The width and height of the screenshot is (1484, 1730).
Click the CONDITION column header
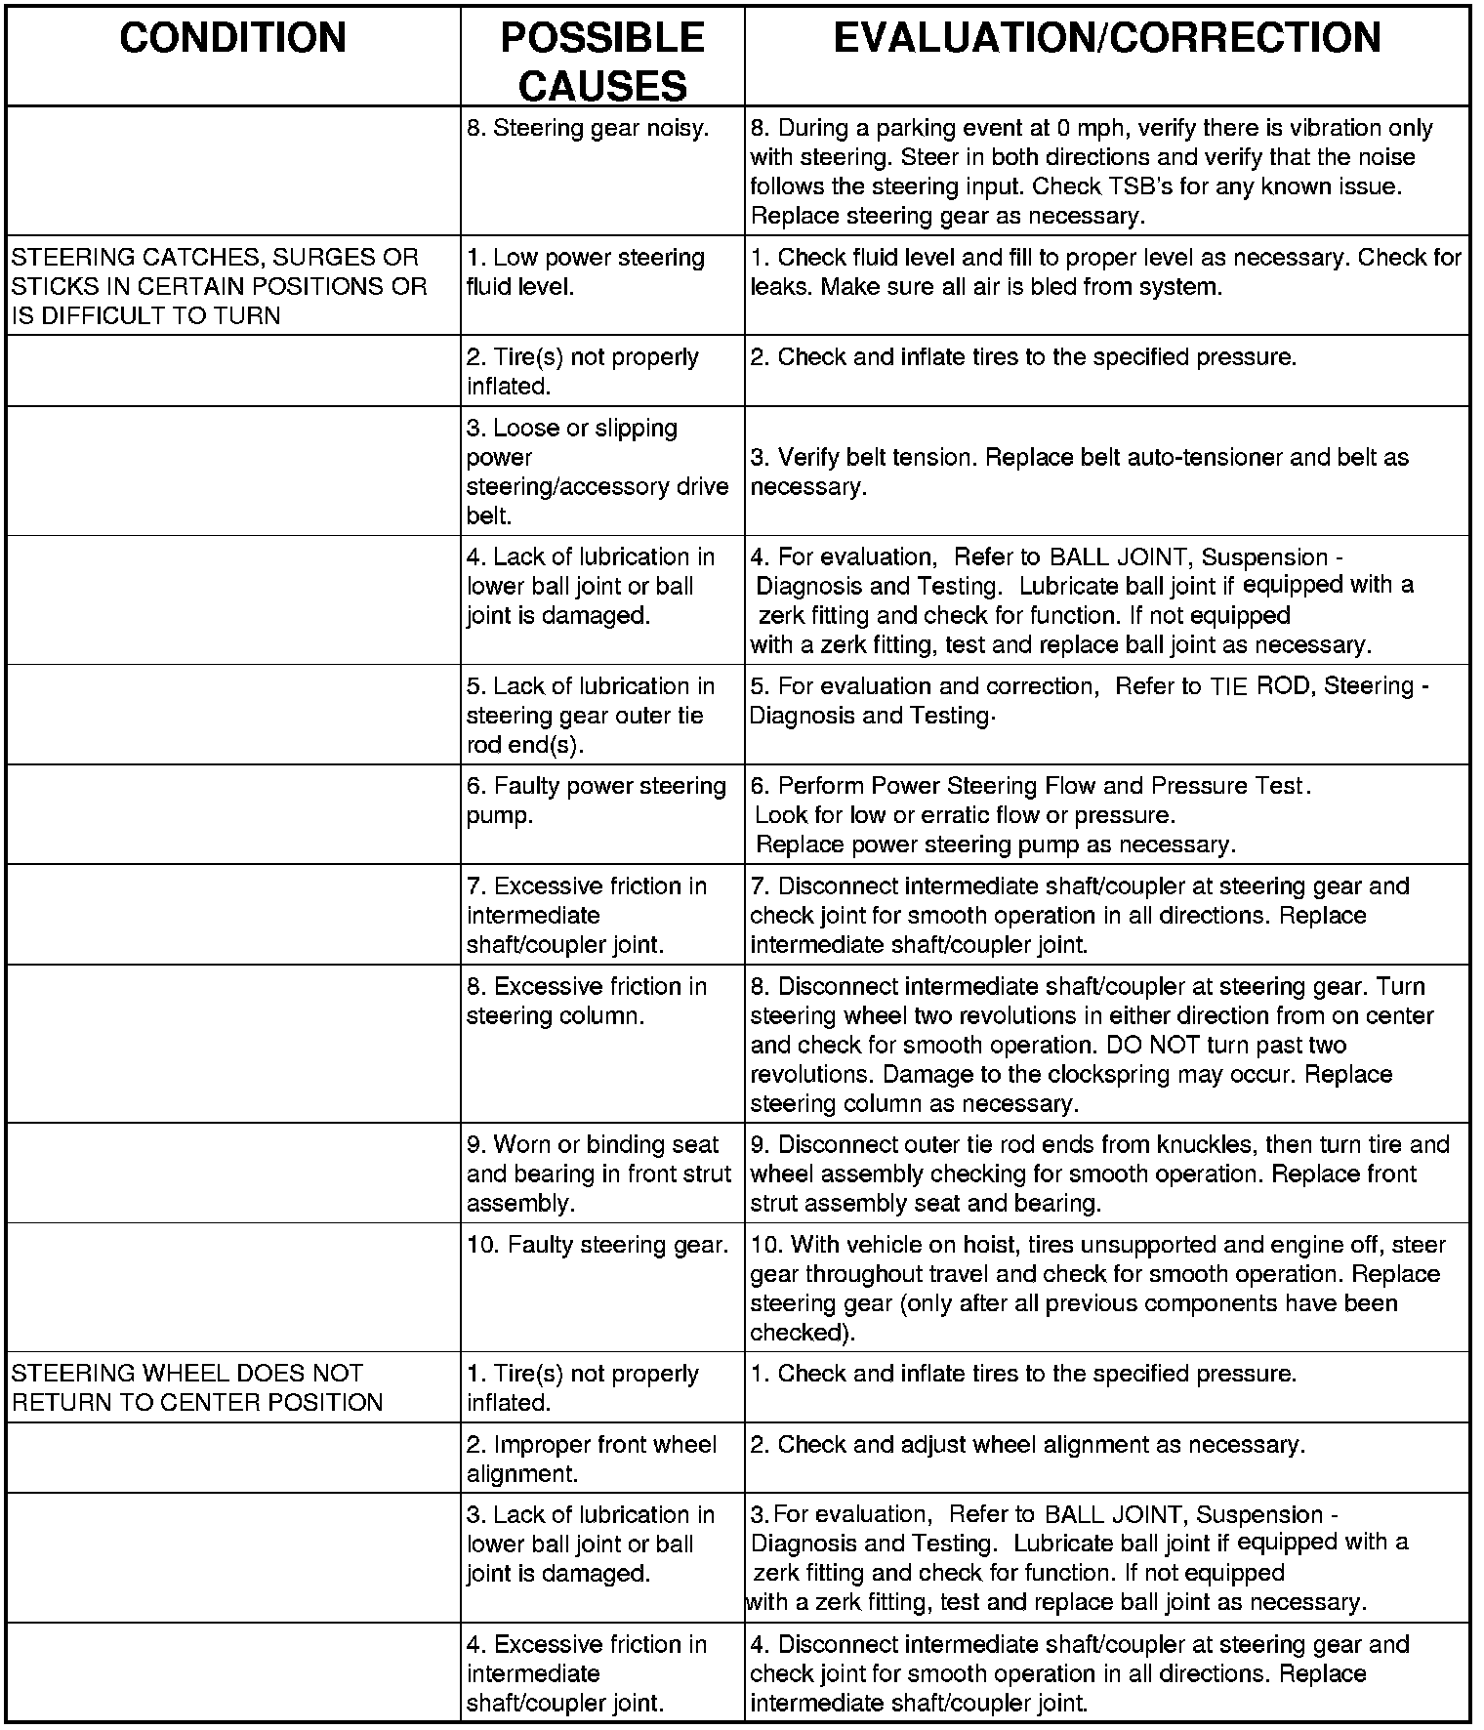[x=232, y=39]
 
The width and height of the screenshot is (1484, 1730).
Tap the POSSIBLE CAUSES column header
[x=601, y=62]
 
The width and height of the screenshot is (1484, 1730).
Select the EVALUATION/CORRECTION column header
[x=1107, y=39]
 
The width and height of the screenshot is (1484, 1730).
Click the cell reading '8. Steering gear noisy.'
[x=588, y=128]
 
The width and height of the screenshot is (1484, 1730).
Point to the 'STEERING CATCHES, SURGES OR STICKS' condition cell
[x=219, y=286]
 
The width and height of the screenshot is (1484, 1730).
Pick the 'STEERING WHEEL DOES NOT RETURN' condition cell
[x=197, y=1387]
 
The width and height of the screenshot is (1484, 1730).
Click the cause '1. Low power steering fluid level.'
[x=586, y=271]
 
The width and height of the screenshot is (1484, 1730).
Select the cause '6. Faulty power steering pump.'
[x=596, y=801]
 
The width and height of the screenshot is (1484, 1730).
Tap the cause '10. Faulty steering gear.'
[x=598, y=1245]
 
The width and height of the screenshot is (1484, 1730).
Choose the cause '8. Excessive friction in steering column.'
[x=586, y=1001]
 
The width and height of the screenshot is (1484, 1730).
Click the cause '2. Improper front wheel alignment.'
[x=592, y=1459]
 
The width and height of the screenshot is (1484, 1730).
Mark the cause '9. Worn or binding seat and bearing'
[x=598, y=1174]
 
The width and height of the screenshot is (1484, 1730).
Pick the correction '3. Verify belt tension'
[x=1079, y=471]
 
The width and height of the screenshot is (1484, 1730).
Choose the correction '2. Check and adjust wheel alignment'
[x=1027, y=1445]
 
